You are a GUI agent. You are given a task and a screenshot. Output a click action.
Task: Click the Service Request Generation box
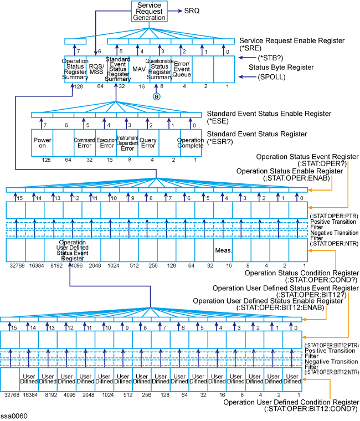coord(149,11)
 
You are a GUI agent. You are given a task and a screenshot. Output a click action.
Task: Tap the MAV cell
coord(138,69)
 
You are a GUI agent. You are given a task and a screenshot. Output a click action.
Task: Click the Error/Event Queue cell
coord(182,68)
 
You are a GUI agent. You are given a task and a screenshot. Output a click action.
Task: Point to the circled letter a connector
coord(157,95)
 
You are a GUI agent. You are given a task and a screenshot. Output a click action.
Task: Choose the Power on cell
coord(42,143)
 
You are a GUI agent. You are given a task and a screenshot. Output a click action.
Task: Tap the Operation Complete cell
coord(190,143)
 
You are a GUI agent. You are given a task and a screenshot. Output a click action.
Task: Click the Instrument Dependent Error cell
coord(127,143)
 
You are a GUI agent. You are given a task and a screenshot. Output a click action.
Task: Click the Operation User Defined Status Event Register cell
coord(71,250)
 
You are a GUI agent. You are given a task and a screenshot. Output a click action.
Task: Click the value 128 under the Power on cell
coord(42,160)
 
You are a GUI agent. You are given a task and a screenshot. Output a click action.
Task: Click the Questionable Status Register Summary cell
coord(160,69)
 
